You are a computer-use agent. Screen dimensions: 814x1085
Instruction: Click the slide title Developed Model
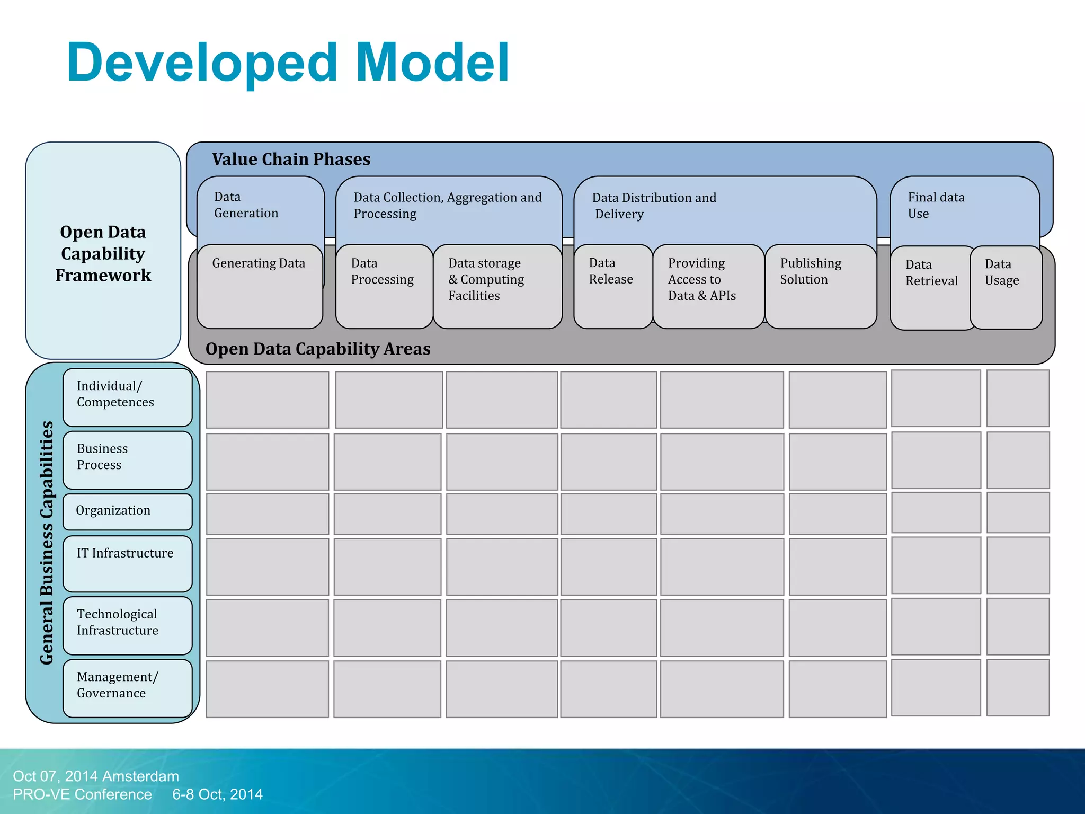(x=288, y=63)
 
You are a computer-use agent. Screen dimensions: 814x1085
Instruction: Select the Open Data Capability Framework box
(x=103, y=253)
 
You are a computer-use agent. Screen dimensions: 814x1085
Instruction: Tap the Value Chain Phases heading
(x=291, y=159)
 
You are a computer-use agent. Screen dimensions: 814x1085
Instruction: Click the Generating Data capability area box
(x=259, y=286)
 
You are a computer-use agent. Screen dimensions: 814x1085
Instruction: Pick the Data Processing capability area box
(x=384, y=286)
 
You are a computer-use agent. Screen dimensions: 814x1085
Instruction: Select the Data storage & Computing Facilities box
(x=497, y=286)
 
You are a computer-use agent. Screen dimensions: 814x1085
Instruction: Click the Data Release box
(x=612, y=286)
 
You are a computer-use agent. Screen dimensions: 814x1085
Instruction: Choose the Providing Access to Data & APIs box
(x=708, y=286)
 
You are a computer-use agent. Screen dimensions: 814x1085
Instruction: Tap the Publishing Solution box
(x=820, y=286)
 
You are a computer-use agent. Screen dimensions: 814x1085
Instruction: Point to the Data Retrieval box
(x=931, y=287)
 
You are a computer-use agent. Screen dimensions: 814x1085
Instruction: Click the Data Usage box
(x=1006, y=287)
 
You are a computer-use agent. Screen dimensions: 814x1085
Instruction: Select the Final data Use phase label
(x=936, y=205)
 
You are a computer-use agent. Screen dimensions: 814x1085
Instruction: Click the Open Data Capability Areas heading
(x=318, y=349)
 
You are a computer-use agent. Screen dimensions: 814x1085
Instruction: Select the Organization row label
(x=127, y=511)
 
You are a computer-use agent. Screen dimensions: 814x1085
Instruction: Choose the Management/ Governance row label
(x=127, y=687)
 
